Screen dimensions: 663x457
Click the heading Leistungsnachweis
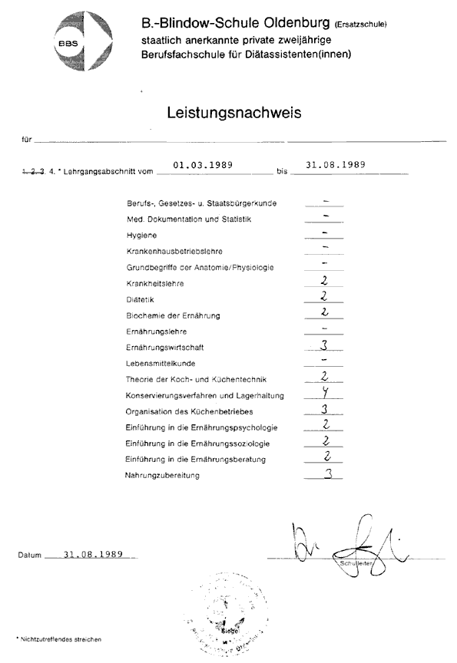pos(233,113)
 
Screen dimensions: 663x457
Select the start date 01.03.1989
pos(204,164)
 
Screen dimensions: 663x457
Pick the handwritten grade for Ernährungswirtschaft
pos(326,345)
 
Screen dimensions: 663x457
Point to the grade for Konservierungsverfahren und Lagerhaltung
pos(326,394)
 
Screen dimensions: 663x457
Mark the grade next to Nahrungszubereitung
pos(327,474)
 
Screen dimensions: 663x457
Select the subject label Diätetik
pos(140,299)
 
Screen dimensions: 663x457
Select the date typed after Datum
pos(94,554)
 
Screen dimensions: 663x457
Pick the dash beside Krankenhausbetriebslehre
pos(326,246)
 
